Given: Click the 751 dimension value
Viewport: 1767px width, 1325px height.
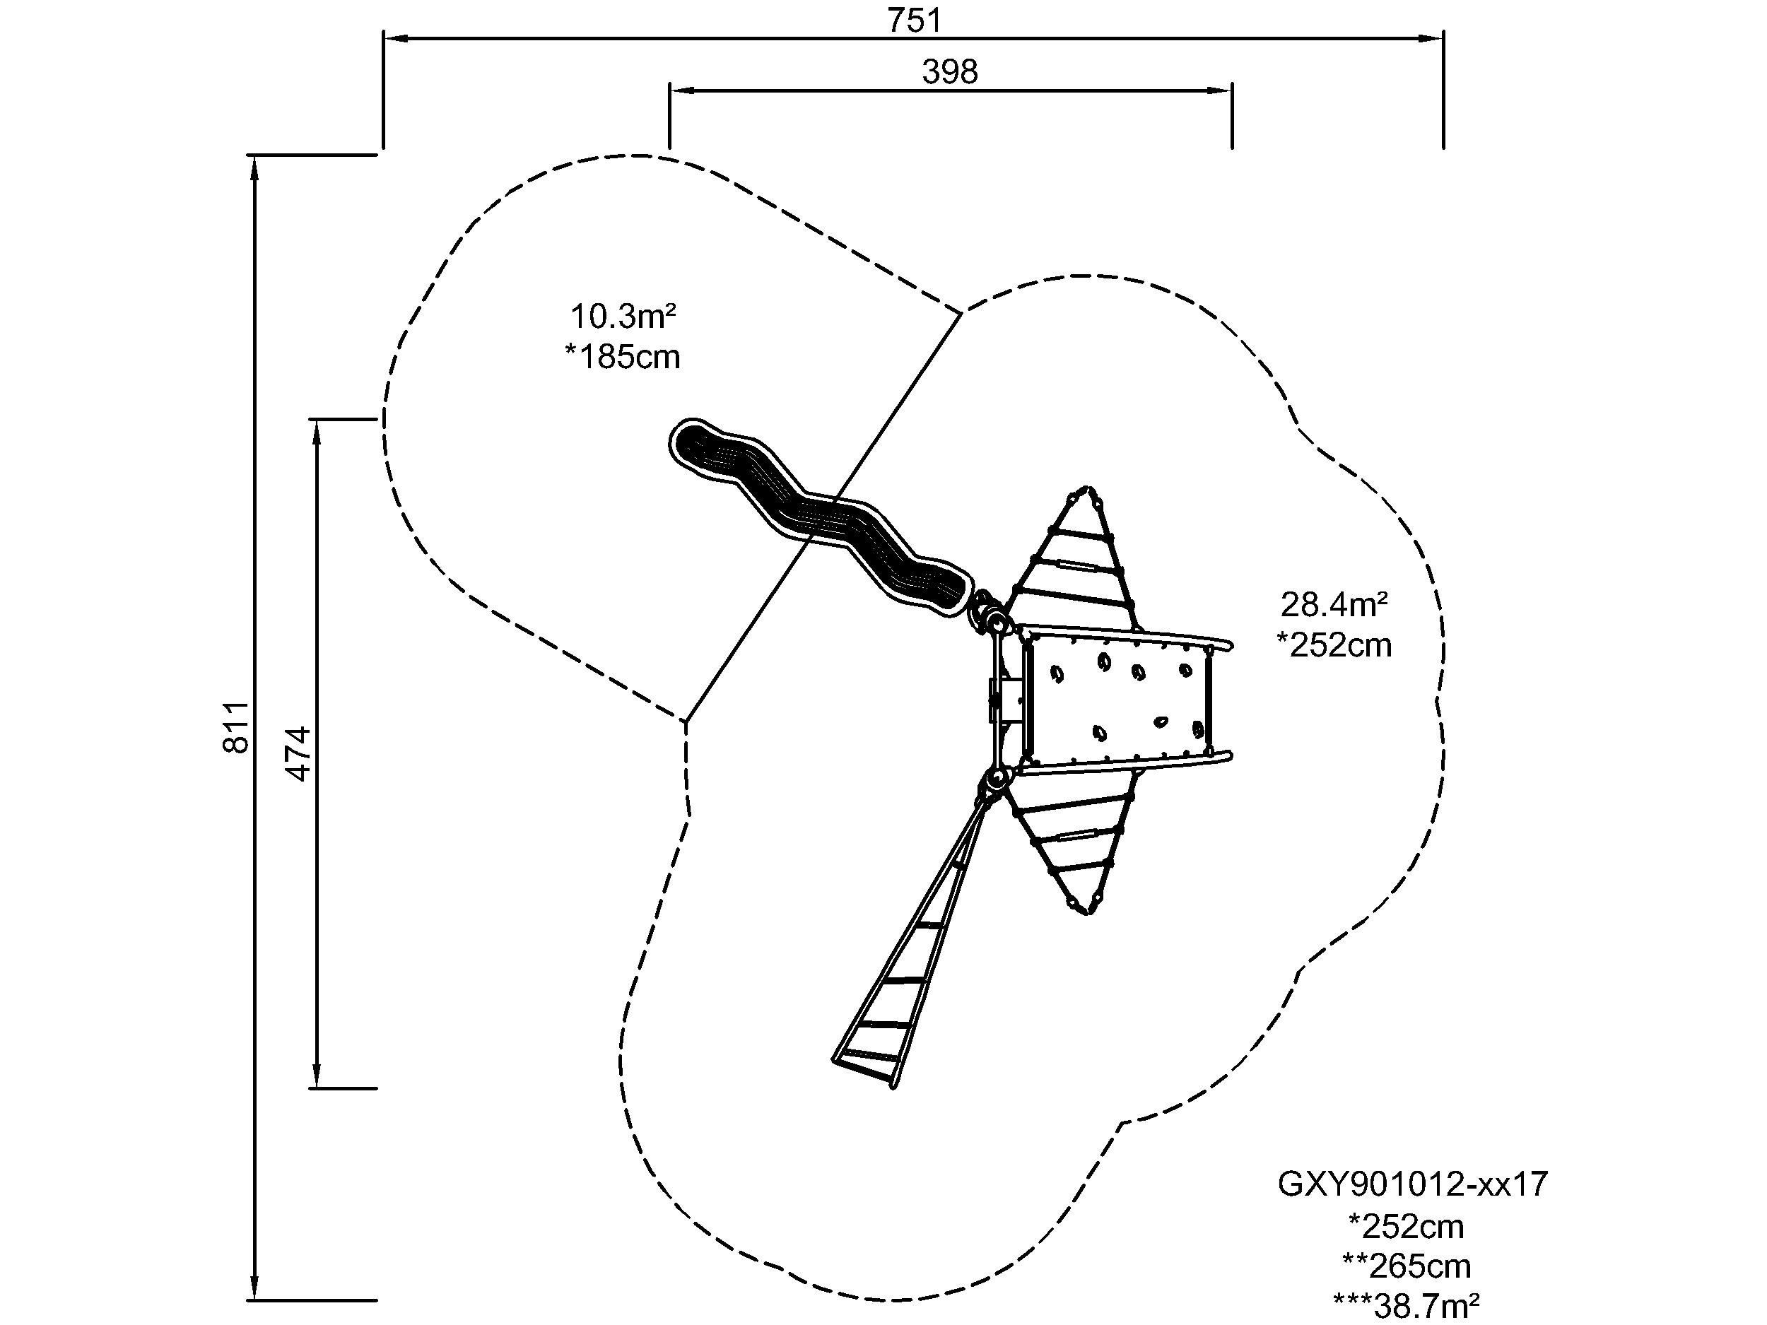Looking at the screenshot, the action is [915, 20].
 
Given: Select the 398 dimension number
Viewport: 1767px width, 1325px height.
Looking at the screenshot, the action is [950, 73].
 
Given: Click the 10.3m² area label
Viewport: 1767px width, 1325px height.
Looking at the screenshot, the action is [623, 317].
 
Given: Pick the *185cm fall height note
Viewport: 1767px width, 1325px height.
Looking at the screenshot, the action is [622, 357].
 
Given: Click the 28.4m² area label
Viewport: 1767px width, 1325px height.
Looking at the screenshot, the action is [1334, 605].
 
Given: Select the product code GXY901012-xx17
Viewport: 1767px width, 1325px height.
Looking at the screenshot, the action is [1412, 1184].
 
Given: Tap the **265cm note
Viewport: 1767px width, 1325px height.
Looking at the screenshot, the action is [1407, 1265].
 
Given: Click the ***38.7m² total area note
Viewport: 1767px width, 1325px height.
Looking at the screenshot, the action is [1407, 1305].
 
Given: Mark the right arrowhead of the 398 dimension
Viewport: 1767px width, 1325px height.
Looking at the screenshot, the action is [1220, 90].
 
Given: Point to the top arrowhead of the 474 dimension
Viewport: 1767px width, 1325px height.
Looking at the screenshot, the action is [317, 431].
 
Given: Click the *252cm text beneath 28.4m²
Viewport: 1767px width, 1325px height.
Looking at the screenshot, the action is [1333, 644].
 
